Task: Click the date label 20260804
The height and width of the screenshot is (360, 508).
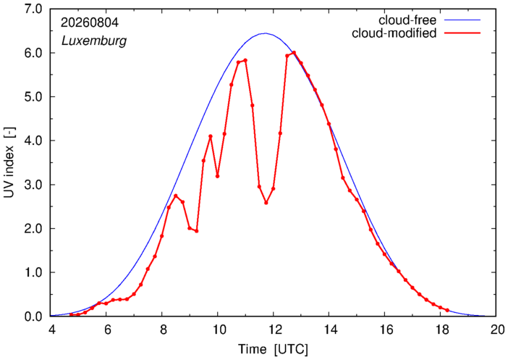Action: (x=90, y=22)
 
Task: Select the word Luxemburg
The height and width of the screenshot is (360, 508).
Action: (x=94, y=41)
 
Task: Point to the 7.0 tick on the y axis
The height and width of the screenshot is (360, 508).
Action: (x=33, y=9)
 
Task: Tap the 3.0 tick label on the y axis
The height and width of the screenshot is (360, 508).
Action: (x=33, y=185)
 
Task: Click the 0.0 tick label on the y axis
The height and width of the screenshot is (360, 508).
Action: (x=33, y=317)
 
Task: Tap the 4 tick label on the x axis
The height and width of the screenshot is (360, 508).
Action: (x=52, y=330)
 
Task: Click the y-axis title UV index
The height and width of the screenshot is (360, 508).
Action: (x=9, y=162)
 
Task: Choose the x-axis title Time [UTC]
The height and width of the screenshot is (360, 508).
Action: (x=273, y=349)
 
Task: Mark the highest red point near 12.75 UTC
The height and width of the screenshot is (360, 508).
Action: (x=294, y=52)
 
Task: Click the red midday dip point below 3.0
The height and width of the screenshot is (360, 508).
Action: (x=266, y=203)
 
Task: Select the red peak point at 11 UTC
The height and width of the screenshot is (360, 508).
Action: (x=245, y=60)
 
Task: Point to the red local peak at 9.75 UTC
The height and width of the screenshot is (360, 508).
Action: (x=211, y=137)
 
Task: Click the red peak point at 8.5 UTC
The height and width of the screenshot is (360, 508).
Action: (x=176, y=196)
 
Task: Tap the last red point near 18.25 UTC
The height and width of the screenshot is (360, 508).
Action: (x=447, y=310)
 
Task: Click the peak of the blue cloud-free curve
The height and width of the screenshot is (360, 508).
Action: (x=265, y=33)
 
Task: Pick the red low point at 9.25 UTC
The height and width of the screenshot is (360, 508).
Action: (x=197, y=231)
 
